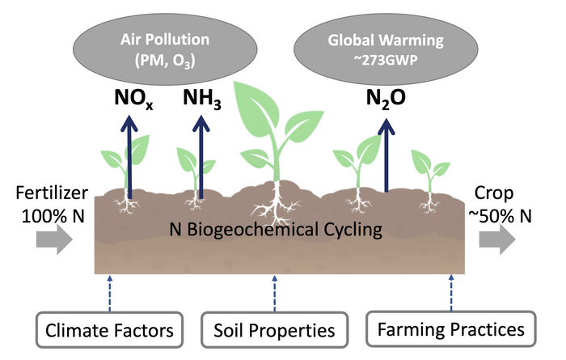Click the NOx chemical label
pyautogui.click(x=133, y=98)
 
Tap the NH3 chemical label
pyautogui.click(x=202, y=98)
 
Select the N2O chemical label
pyautogui.click(x=386, y=98)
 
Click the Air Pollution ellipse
pyautogui.click(x=165, y=49)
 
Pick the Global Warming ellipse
pyautogui.click(x=386, y=49)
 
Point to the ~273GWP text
pyautogui.click(x=386, y=60)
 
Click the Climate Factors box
pyautogui.click(x=109, y=330)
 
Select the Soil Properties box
pyautogui.click(x=274, y=330)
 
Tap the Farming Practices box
pyautogui.click(x=451, y=328)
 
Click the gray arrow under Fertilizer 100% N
pyautogui.click(x=54, y=239)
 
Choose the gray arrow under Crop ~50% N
pyautogui.click(x=497, y=239)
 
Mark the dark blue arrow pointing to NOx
pyautogui.click(x=129, y=157)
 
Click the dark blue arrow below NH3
pyautogui.click(x=201, y=157)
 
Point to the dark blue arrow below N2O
pyautogui.click(x=386, y=155)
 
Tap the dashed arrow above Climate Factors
pyautogui.click(x=110, y=293)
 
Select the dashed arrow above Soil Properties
pyautogui.click(x=275, y=293)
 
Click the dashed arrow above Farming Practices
pyautogui.click(x=451, y=293)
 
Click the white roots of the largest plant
pyautogui.click(x=277, y=204)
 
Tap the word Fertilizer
pyautogui.click(x=52, y=193)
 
